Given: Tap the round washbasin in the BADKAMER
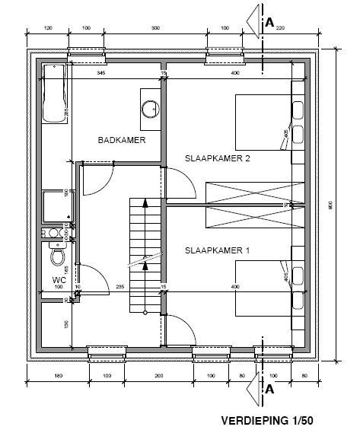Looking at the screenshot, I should coord(148,107).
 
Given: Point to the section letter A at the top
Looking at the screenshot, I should coord(269,23).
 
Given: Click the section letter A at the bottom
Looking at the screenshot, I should coord(269,389).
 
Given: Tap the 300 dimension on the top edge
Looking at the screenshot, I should coord(155,28).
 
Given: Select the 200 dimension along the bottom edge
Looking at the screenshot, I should coord(158,376).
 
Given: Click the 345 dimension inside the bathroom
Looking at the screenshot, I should coord(100,72).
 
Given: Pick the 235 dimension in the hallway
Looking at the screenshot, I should coord(119,286).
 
